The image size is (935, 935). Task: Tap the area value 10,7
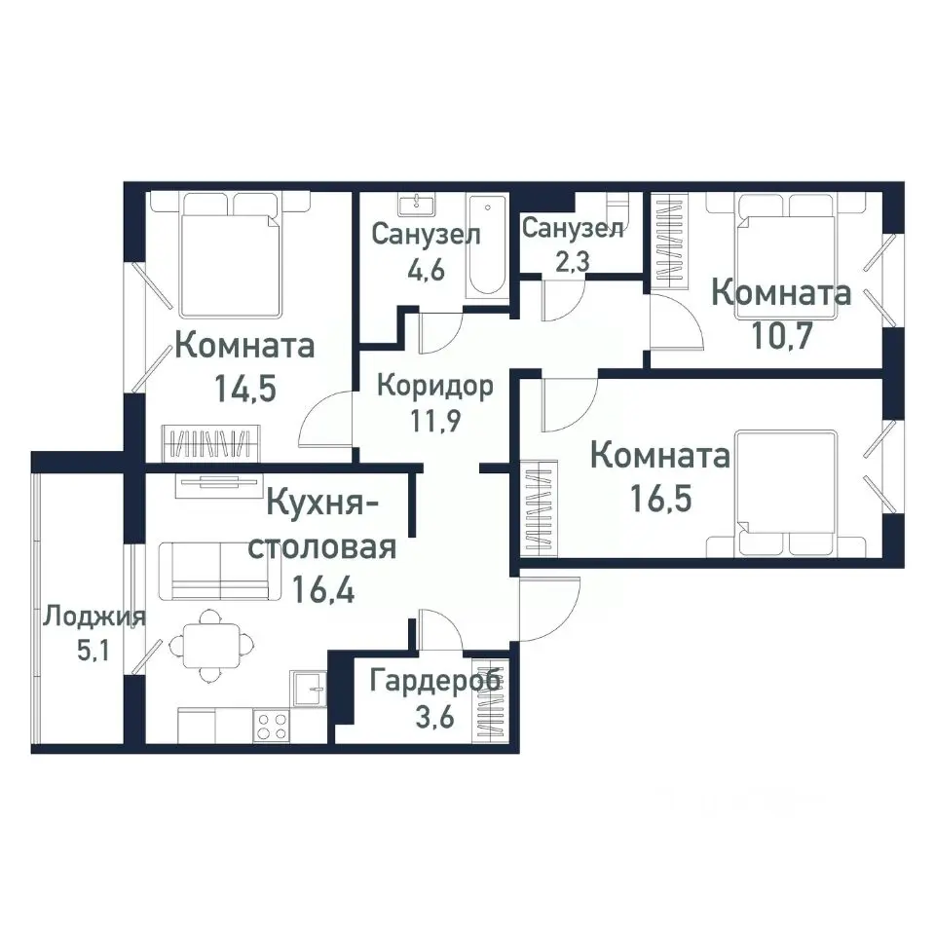782,336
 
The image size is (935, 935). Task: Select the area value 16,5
660,500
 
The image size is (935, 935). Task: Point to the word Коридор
434,385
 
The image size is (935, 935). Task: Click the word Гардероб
435,680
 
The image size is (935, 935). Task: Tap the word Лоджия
94,617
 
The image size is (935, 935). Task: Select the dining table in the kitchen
208,644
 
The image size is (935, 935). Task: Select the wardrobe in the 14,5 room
213,443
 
